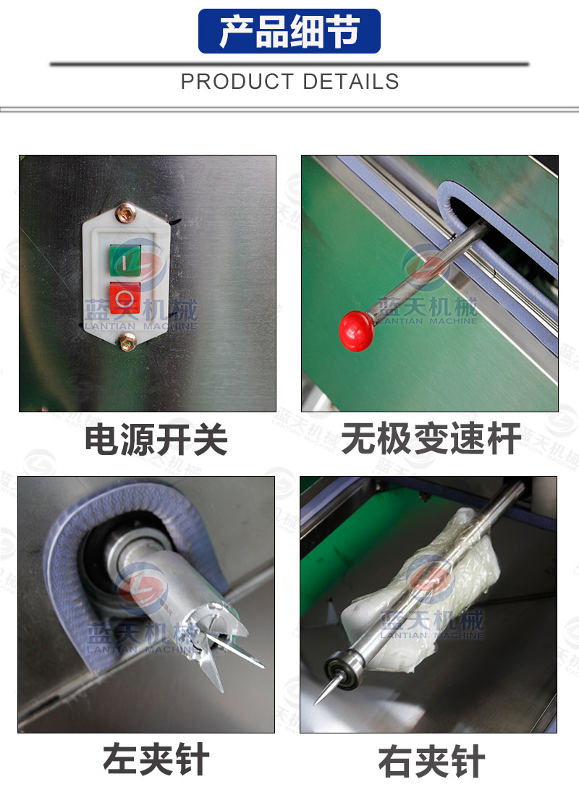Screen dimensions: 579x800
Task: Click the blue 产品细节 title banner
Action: click(289, 31)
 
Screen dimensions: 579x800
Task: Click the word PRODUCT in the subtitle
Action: click(237, 82)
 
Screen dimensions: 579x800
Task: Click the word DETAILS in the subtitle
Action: click(350, 82)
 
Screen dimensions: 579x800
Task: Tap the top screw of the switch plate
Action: click(125, 213)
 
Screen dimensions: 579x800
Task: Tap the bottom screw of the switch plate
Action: click(127, 341)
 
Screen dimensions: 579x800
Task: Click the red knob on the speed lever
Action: click(356, 331)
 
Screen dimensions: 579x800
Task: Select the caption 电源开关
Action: click(156, 439)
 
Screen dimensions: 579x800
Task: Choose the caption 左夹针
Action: click(156, 759)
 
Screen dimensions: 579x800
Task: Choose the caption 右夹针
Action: click(431, 761)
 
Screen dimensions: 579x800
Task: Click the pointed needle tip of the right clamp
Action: click(316, 702)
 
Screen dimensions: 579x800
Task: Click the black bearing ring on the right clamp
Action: click(341, 669)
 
